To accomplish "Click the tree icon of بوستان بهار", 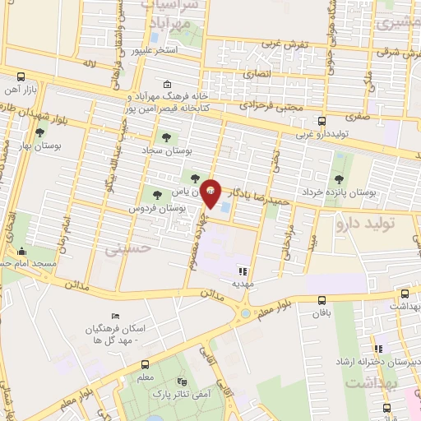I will point(39,132).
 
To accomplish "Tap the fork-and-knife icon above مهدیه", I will point(242,270).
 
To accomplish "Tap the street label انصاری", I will point(251,74).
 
